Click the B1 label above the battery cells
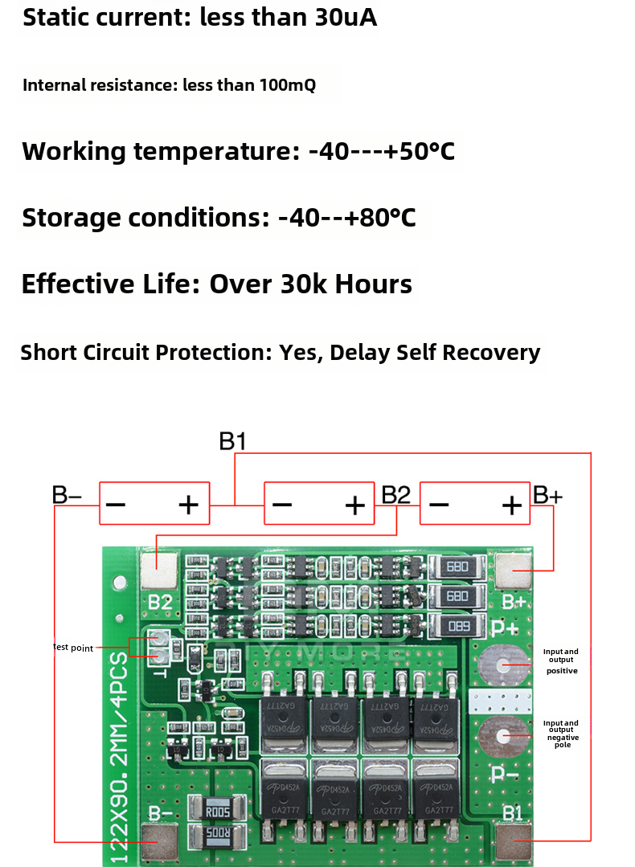(232, 441)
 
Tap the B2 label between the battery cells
(395, 495)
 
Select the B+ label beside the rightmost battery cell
(547, 495)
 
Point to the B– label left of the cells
(68, 495)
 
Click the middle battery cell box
(319, 504)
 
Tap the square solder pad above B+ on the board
(514, 571)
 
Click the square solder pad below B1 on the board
(514, 842)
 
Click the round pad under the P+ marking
(503, 665)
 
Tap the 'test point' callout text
(73, 648)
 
